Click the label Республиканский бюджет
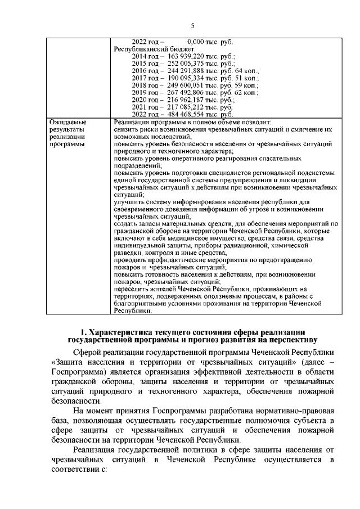click(147, 49)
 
